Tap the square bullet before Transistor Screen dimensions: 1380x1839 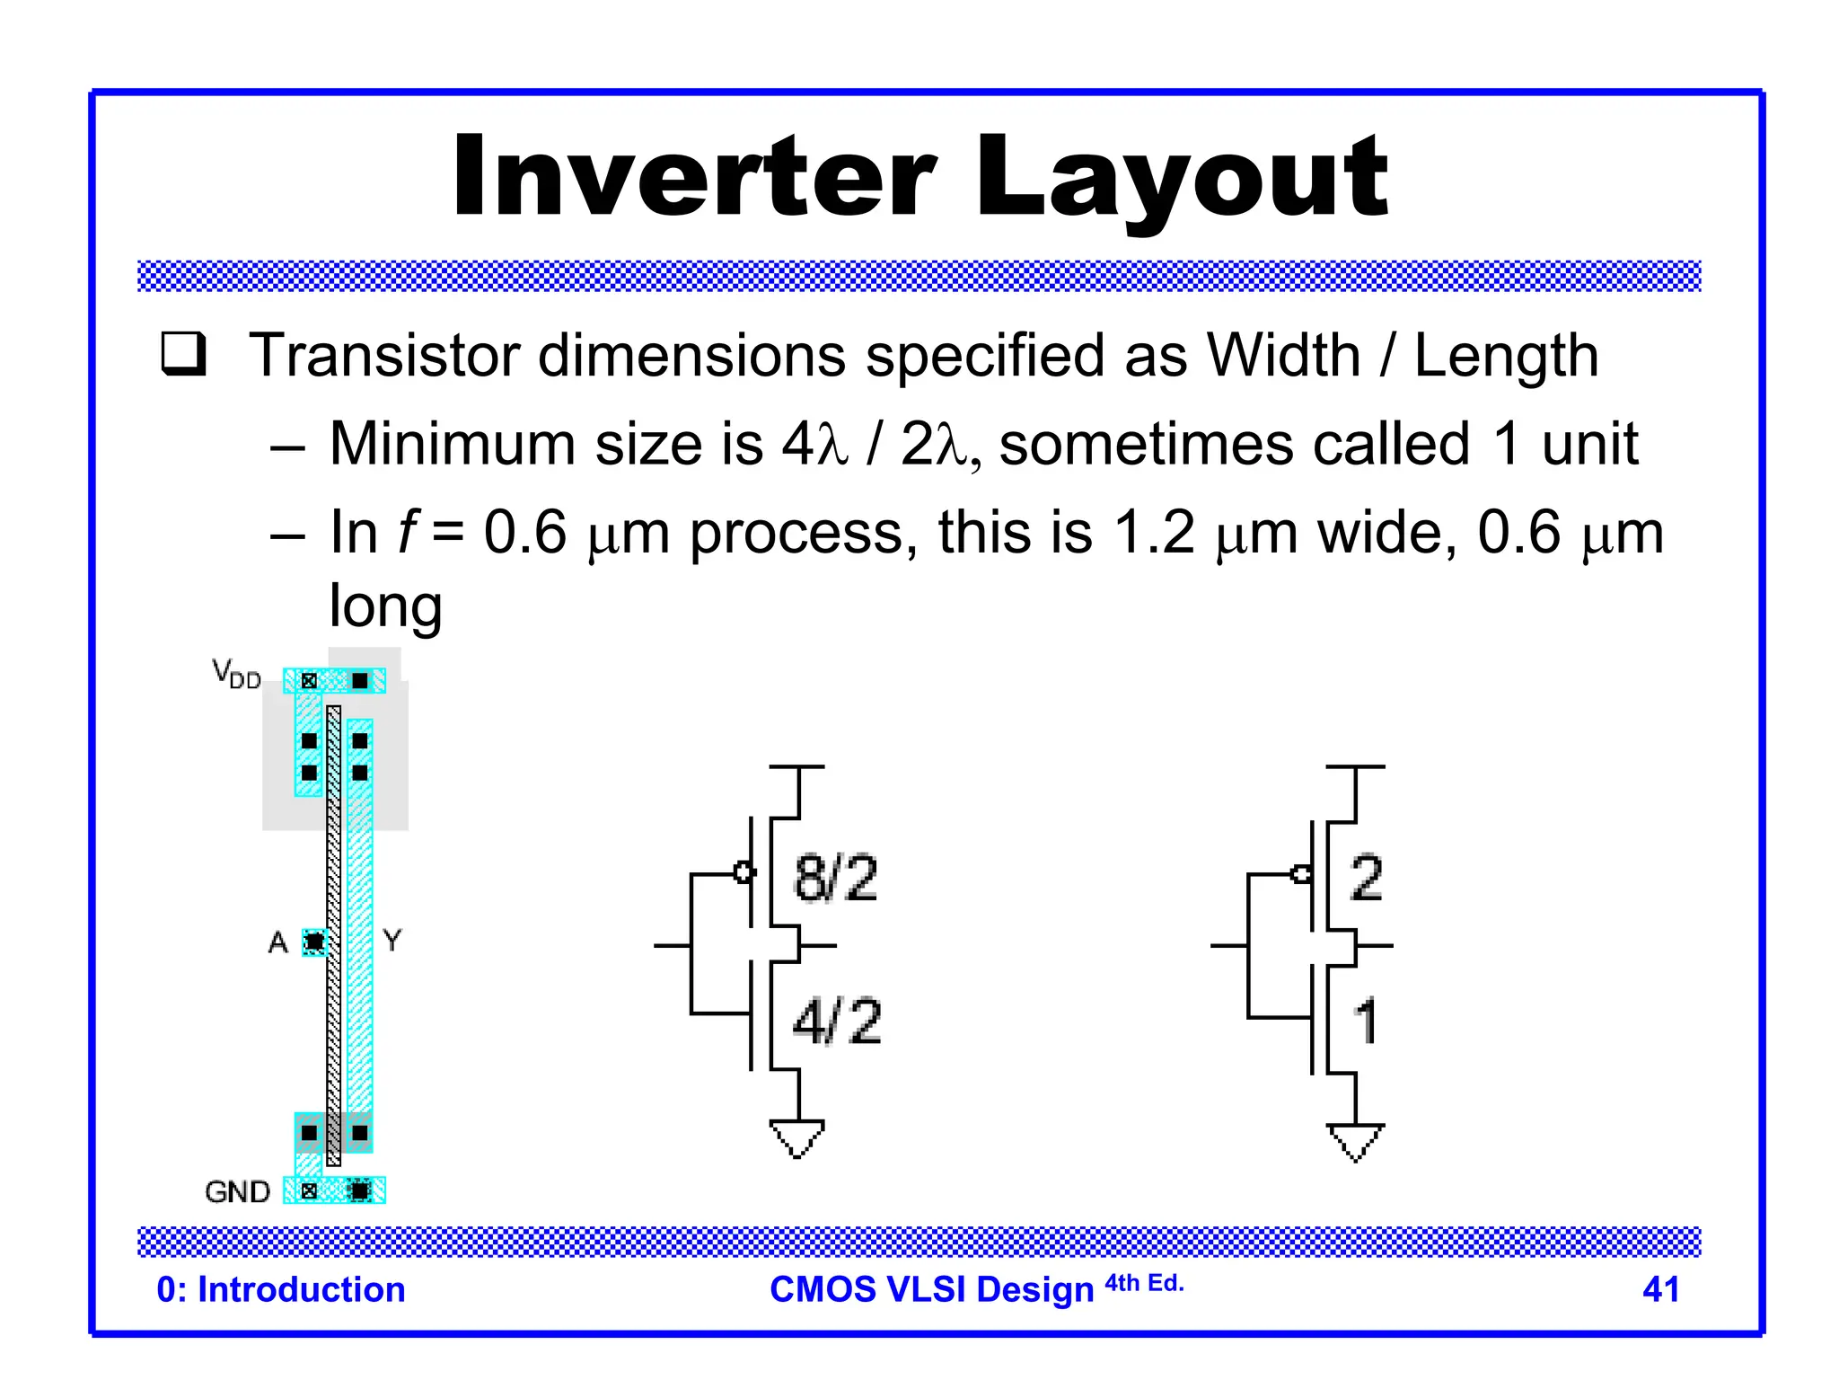[183, 354]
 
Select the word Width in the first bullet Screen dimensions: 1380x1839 [1283, 356]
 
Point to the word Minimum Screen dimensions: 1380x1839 [452, 444]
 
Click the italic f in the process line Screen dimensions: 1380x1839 [408, 533]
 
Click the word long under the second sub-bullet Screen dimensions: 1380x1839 [385, 607]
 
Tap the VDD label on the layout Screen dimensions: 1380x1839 [236, 673]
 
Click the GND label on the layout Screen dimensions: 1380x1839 [237, 1191]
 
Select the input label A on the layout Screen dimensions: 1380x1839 [277, 942]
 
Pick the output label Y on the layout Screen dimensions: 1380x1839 [392, 941]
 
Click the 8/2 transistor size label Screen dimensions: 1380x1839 [835, 879]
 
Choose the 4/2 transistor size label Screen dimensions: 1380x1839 [837, 1022]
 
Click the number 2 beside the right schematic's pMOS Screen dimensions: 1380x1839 [1366, 878]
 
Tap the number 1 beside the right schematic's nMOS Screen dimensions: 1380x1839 [1366, 1022]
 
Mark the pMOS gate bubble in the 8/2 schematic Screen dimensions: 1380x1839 [744, 871]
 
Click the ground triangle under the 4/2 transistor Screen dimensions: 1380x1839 [796, 1137]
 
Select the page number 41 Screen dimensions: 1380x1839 [1660, 1289]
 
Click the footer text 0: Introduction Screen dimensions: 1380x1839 [281, 1289]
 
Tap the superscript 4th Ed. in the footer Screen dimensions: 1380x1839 [1144, 1283]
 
